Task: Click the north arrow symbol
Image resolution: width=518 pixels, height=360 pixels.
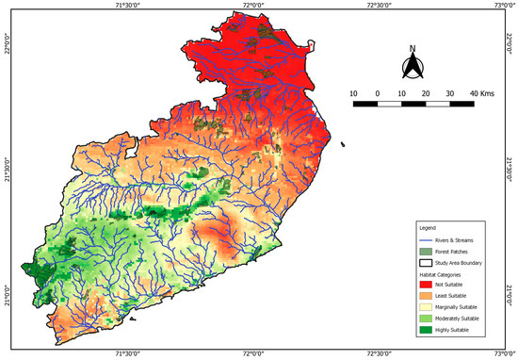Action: (413, 67)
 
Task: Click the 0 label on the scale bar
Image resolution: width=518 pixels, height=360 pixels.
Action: (378, 94)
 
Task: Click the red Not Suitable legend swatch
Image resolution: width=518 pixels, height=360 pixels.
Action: (427, 284)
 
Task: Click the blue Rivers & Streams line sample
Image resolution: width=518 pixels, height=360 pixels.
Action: (427, 241)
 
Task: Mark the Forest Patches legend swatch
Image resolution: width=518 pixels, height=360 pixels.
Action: (427, 252)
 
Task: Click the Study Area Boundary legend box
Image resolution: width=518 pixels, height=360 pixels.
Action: (427, 262)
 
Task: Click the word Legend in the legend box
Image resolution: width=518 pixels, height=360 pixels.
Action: (428, 229)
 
